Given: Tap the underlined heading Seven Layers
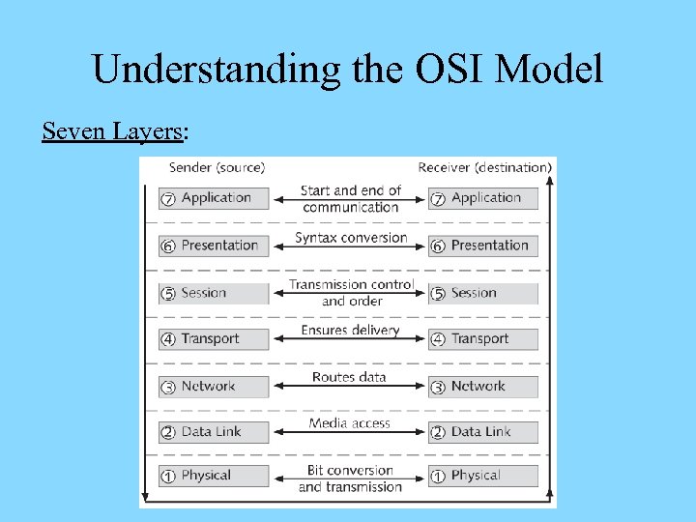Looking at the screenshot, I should (x=112, y=130).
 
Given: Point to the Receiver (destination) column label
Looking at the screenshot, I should (x=484, y=168).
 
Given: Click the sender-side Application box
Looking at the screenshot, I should (x=214, y=198).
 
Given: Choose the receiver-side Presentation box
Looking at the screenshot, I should (x=483, y=246).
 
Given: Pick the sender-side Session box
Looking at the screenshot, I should (x=214, y=293).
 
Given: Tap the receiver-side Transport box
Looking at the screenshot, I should (x=483, y=339).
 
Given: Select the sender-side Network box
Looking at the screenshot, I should (x=214, y=387).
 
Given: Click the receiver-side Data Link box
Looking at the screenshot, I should (x=483, y=432).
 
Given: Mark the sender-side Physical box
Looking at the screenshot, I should (x=214, y=476).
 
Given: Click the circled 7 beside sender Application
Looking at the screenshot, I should (x=168, y=199).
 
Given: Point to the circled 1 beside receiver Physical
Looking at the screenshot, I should (x=438, y=477).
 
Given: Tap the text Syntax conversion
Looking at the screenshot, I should (x=350, y=238).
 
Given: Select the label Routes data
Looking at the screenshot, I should (x=349, y=377).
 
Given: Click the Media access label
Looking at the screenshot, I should (x=350, y=423).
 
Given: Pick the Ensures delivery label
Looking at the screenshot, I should (x=350, y=331).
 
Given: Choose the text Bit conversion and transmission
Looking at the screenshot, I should (x=350, y=478).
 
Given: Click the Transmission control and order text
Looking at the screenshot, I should (x=351, y=293).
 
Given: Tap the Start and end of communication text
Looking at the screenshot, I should (x=350, y=199).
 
